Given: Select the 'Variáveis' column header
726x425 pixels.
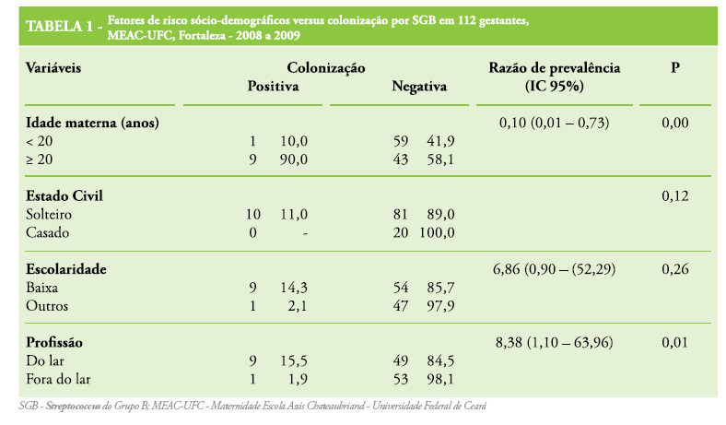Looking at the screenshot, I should [x=53, y=68].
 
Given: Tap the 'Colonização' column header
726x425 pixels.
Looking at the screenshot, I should [x=326, y=68].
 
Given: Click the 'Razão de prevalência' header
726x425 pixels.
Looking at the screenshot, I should [x=555, y=68].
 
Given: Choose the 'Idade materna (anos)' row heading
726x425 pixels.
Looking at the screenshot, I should [x=88, y=123].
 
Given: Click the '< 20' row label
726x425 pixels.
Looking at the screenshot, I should [x=40, y=140].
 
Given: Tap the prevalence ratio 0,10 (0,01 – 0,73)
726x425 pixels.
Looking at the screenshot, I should [x=555, y=123].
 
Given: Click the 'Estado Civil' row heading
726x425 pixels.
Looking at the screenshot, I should [x=64, y=195].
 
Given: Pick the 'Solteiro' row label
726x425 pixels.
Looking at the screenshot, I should [x=52, y=214].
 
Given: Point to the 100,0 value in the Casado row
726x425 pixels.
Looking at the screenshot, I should [x=438, y=231].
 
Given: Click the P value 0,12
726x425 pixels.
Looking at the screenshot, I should [x=675, y=195].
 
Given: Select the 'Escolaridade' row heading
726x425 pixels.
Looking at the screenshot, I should [x=66, y=268].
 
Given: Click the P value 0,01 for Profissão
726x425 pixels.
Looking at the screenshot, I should [x=675, y=341].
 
